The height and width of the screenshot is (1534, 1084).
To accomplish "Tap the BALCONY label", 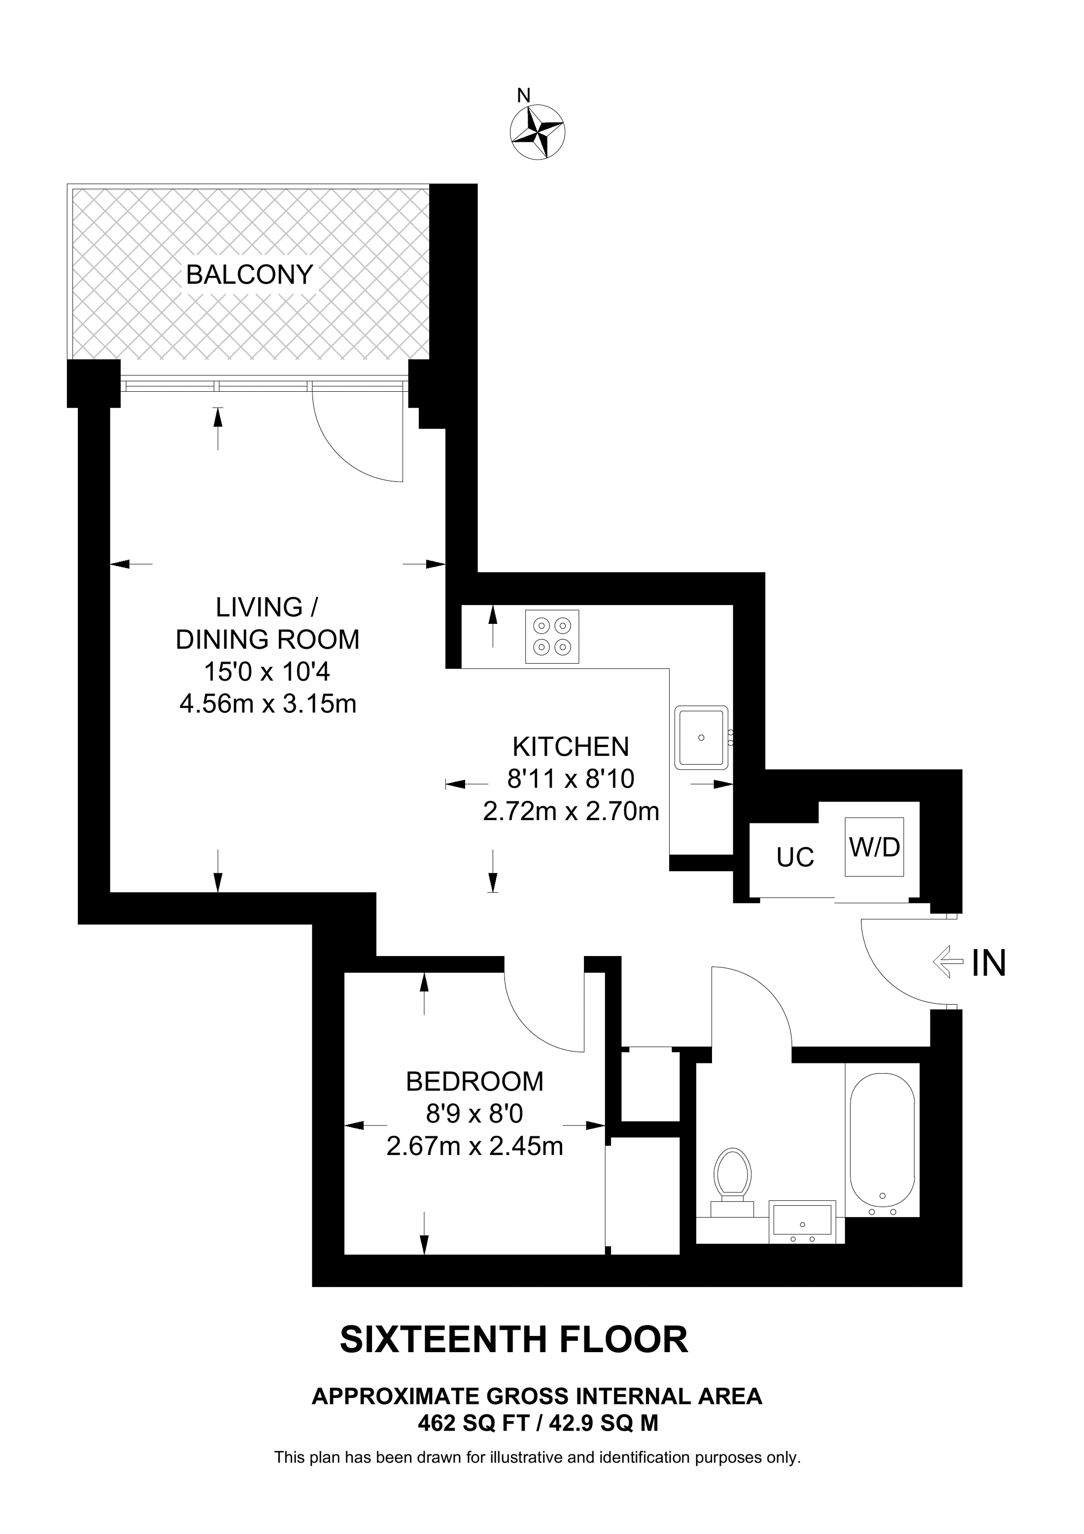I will pyautogui.click(x=249, y=274).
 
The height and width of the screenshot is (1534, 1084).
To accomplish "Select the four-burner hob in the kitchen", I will pyautogui.click(x=552, y=636).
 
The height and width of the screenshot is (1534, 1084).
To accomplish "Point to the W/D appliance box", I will pyautogui.click(x=874, y=847).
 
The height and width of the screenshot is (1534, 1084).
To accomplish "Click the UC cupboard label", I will pyautogui.click(x=795, y=857).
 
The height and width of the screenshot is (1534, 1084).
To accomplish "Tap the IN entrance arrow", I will pyautogui.click(x=948, y=963).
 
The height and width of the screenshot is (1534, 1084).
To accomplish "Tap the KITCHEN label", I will pyautogui.click(x=571, y=746).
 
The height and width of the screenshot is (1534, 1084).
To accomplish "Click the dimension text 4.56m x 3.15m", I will pyautogui.click(x=268, y=704).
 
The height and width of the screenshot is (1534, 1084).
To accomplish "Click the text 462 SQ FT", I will pyautogui.click(x=474, y=1423).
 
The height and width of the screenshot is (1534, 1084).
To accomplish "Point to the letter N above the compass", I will pyautogui.click(x=524, y=96).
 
